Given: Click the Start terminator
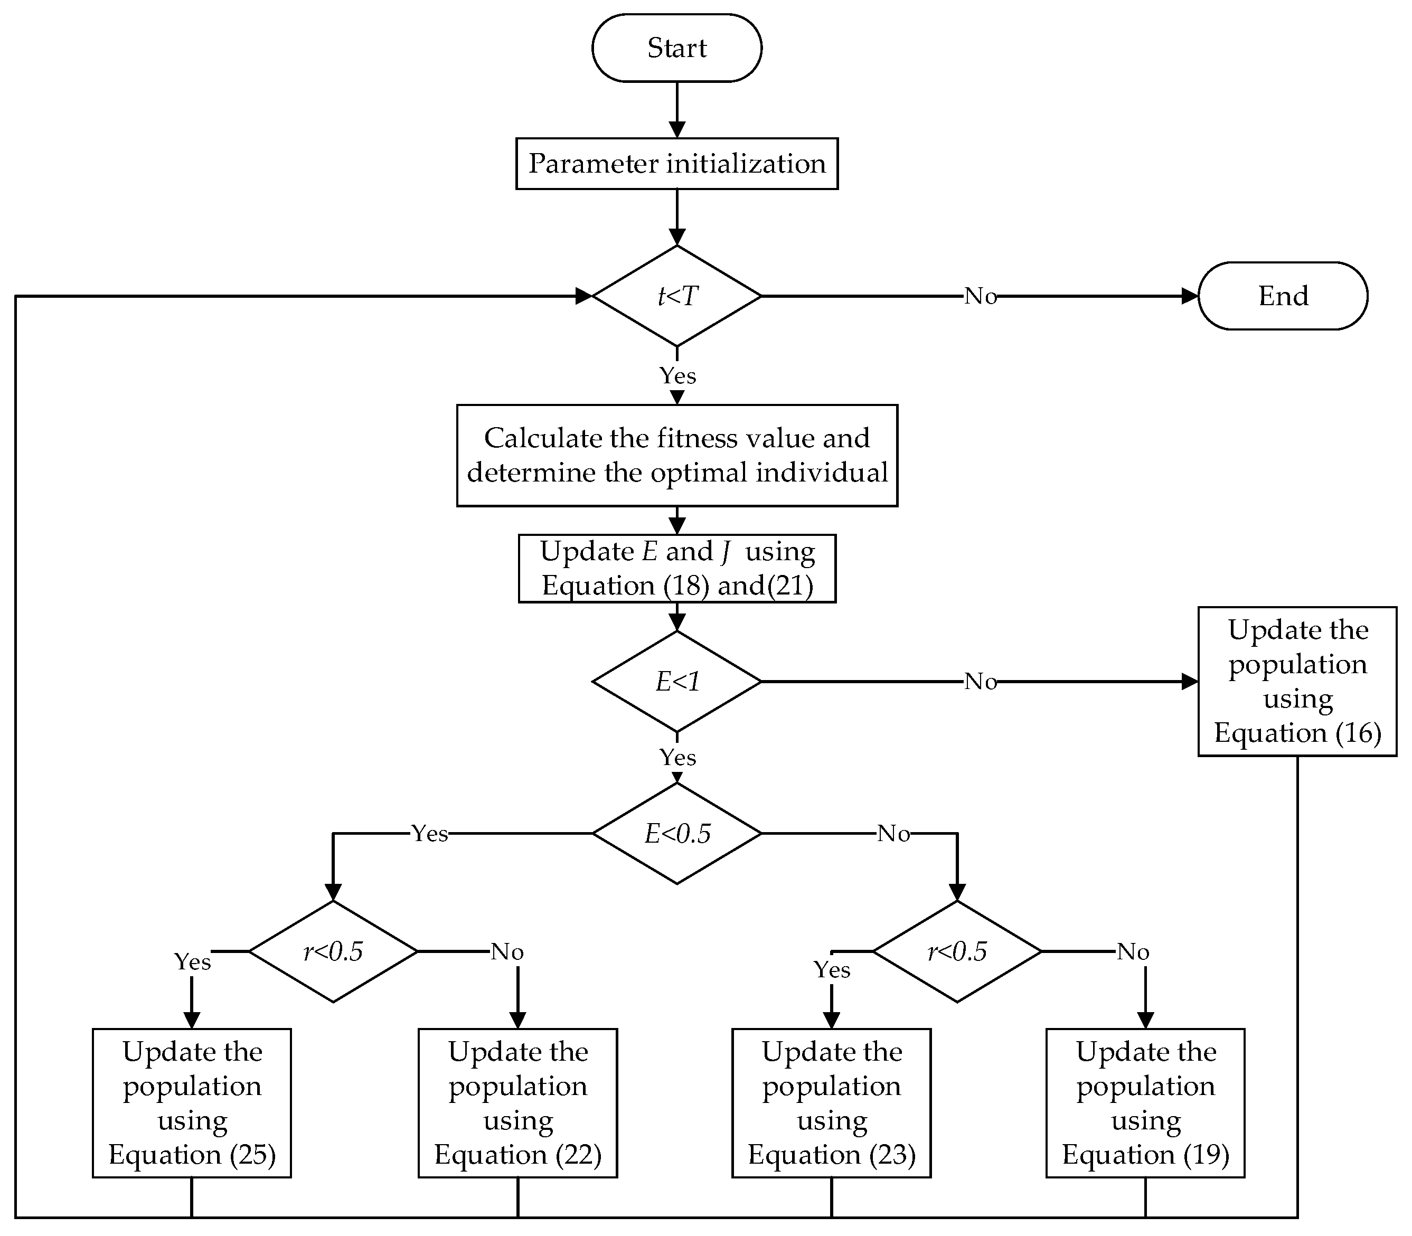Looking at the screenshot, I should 676,48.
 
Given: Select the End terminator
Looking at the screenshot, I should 1282,296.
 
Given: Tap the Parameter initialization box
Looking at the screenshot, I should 676,164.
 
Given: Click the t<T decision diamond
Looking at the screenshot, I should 676,296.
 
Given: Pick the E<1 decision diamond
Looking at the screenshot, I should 676,682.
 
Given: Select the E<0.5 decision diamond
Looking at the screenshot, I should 676,833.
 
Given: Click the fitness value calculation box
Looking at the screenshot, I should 676,455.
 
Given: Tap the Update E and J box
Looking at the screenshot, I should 676,568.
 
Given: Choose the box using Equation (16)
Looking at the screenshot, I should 1297,682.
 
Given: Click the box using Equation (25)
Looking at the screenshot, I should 192,1103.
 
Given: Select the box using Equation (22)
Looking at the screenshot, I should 517,1103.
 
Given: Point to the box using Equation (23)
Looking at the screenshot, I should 831,1103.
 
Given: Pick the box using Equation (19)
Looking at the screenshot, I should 1145,1103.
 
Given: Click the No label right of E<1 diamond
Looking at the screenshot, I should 980,682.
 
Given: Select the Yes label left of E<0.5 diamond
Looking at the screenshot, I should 429,834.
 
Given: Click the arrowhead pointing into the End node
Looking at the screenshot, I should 1190,296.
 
